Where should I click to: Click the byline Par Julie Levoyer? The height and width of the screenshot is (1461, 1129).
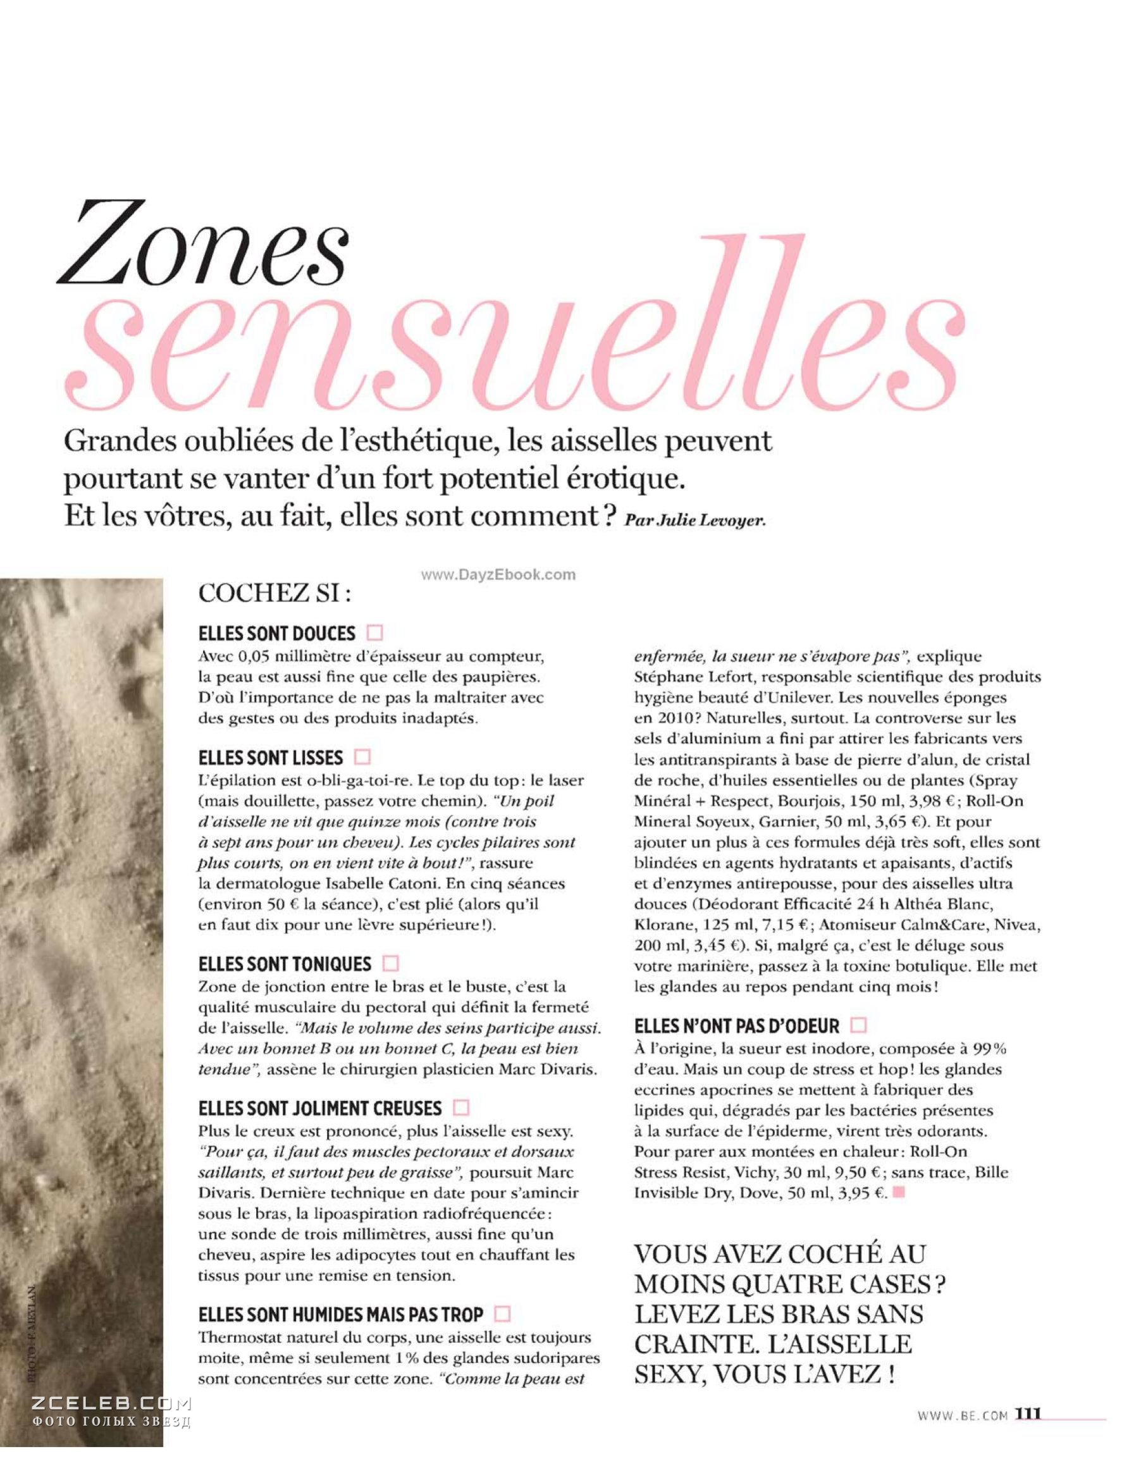(x=694, y=521)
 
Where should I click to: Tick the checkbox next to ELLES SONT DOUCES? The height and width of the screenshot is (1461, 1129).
(x=375, y=632)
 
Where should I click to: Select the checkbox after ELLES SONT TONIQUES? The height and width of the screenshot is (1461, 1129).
(x=391, y=963)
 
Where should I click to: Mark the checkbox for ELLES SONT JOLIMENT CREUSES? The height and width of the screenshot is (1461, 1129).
(x=461, y=1108)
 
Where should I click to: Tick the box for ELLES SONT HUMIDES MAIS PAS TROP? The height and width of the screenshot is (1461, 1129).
(x=502, y=1314)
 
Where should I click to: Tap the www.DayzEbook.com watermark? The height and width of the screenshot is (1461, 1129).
(x=498, y=574)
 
